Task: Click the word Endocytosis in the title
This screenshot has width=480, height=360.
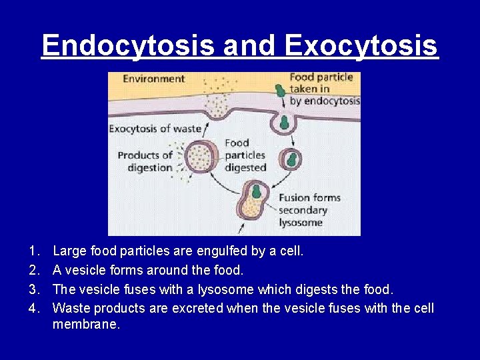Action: [x=128, y=45]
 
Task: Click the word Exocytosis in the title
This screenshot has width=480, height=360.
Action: [x=361, y=45]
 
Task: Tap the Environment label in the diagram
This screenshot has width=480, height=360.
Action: [x=153, y=79]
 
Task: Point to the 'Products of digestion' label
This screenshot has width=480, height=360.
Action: [x=145, y=161]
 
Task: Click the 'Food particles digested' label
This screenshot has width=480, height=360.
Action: [x=245, y=155]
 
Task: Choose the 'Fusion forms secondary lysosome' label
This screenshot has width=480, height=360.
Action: [x=309, y=210]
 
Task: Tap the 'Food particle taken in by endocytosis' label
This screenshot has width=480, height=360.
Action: [x=324, y=89]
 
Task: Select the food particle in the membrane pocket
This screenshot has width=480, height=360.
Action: [x=284, y=123]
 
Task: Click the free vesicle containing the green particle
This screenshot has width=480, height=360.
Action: [x=291, y=161]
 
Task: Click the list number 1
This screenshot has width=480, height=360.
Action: [x=33, y=252]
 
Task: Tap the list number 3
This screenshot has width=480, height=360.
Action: [x=33, y=289]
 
